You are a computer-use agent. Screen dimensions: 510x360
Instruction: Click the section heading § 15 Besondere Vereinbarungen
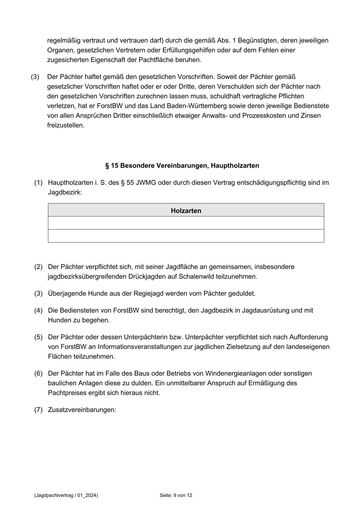(x=182, y=166)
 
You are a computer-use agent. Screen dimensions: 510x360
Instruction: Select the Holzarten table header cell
(x=186, y=211)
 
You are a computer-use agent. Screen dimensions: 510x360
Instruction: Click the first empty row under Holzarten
(x=186, y=223)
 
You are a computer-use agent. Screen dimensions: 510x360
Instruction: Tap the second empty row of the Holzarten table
(x=186, y=236)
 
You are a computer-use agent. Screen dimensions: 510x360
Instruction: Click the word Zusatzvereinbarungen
(x=82, y=410)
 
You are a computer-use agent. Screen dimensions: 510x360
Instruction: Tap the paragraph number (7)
(x=38, y=410)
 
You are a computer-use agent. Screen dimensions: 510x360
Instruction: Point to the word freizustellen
(x=66, y=126)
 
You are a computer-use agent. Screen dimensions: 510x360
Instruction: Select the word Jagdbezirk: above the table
(x=65, y=192)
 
